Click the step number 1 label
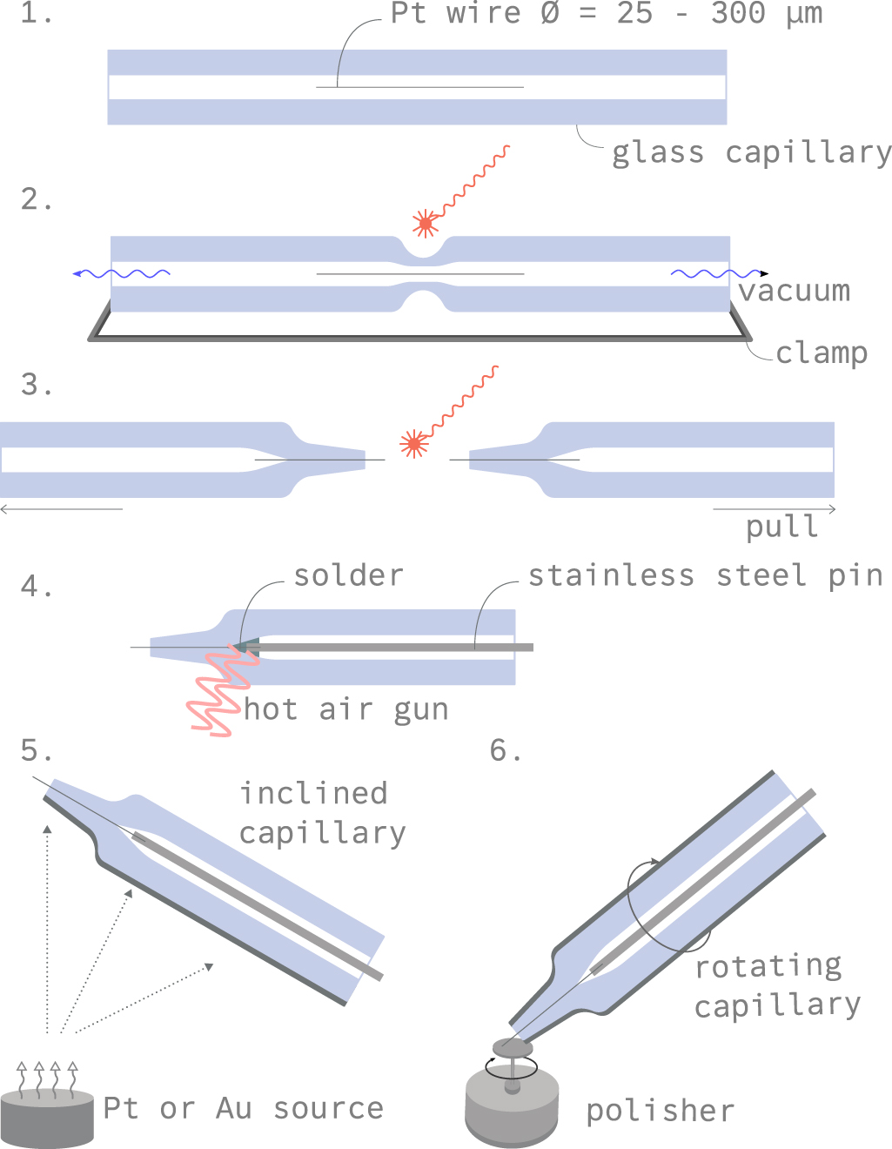[36, 14]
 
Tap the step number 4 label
[36, 587]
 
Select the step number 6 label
[506, 749]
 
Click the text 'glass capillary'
[751, 152]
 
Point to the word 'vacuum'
[794, 291]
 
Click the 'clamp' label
[822, 353]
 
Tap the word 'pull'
[781, 527]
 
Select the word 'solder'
[348, 575]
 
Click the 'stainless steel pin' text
[706, 575]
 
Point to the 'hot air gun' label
[346, 709]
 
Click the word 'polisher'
[660, 1111]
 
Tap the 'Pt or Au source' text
[243, 1108]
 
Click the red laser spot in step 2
[426, 224]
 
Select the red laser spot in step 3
[414, 444]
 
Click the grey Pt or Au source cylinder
[47, 1117]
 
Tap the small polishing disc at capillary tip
[513, 1046]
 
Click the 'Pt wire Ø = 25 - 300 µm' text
[606, 13]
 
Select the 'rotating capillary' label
[776, 985]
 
